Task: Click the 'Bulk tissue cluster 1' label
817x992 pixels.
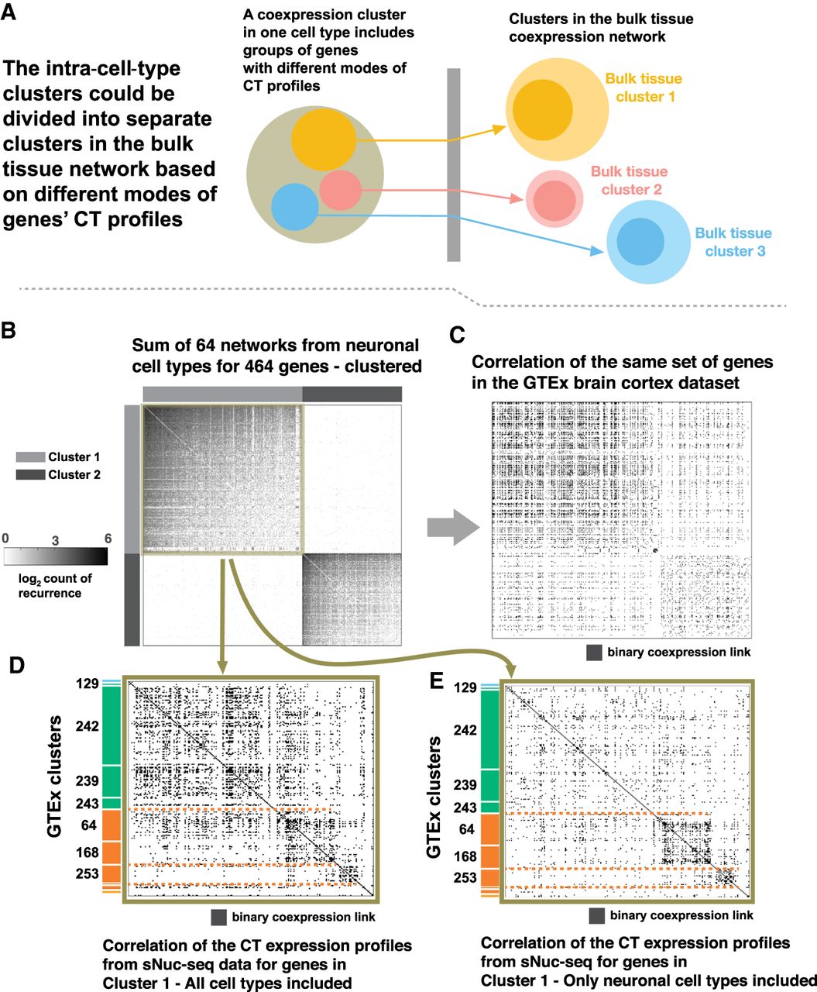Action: point(644,88)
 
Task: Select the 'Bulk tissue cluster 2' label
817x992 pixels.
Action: point(629,181)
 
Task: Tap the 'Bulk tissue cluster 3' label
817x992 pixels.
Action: point(733,242)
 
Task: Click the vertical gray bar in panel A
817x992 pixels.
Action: point(454,164)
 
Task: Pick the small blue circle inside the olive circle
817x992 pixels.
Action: point(295,207)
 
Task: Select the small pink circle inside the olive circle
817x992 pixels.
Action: point(341,190)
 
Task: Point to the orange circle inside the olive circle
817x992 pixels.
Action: point(324,140)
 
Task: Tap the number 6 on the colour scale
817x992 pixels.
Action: point(108,539)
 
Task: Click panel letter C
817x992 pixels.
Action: point(458,335)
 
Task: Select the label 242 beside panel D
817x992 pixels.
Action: point(87,726)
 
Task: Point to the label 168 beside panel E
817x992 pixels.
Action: point(465,856)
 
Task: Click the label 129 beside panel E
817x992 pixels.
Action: point(465,688)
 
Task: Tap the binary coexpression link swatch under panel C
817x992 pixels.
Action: point(594,653)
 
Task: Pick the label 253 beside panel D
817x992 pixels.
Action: point(87,873)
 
